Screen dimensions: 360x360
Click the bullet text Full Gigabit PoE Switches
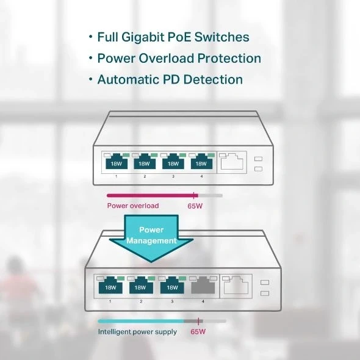click(173, 37)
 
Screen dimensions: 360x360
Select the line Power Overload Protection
click(179, 59)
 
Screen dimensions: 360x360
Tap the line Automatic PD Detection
click(170, 80)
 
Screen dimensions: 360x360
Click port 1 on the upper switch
click(116, 162)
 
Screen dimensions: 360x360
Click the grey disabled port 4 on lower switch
click(203, 286)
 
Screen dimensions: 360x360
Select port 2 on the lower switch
click(140, 286)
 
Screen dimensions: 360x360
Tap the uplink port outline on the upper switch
click(232, 161)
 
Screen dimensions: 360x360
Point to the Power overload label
click(132, 206)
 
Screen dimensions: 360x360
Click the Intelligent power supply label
click(137, 332)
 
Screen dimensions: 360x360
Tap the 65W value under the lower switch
click(198, 332)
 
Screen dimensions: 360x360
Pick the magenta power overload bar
click(150, 195)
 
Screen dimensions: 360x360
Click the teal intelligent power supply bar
click(141, 320)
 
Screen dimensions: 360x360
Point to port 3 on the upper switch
click(173, 162)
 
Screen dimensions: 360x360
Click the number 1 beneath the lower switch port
click(110, 301)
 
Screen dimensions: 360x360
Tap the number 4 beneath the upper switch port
click(202, 176)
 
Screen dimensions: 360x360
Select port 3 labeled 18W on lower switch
click(171, 286)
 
